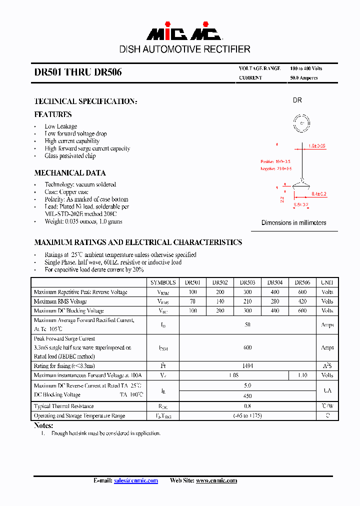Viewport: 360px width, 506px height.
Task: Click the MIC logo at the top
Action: [x=184, y=33]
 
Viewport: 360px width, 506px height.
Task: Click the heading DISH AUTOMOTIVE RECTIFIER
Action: [x=184, y=49]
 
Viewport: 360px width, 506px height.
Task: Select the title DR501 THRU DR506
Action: [x=78, y=72]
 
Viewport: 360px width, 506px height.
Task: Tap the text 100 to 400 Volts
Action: [x=306, y=68]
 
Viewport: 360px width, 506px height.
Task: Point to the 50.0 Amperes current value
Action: [x=303, y=78]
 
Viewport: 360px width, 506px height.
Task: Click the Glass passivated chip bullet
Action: [x=70, y=156]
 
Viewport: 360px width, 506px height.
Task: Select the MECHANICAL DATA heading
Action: [x=70, y=173]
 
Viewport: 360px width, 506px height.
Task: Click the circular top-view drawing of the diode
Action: [x=301, y=123]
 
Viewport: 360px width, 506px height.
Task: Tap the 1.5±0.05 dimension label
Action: [x=317, y=146]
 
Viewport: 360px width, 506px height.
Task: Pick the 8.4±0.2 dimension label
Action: [x=319, y=193]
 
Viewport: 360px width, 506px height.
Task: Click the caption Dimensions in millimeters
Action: [x=294, y=222]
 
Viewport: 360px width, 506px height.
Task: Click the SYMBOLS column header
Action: [x=163, y=282]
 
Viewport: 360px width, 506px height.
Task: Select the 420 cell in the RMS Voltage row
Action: [x=302, y=301]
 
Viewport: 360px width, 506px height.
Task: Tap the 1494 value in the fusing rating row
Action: [x=247, y=366]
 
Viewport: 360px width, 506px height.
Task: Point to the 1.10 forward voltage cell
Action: [x=302, y=375]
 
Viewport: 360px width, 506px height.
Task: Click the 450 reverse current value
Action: [x=247, y=395]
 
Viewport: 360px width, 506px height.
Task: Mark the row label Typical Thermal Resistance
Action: [x=63, y=406]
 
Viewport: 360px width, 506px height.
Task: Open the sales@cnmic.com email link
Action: [x=136, y=480]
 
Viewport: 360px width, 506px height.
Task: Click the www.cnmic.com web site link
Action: [x=216, y=480]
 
